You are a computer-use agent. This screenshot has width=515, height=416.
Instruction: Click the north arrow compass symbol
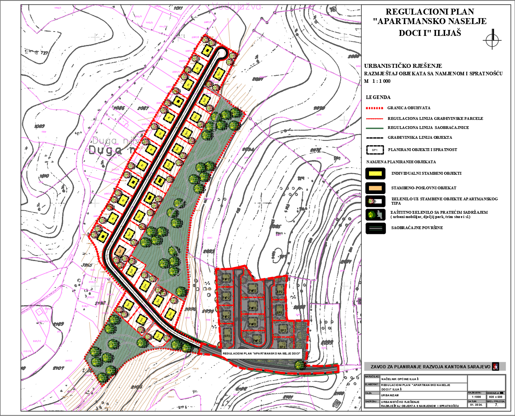pyautogui.click(x=492, y=39)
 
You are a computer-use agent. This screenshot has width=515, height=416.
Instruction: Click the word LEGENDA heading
pyautogui.click(x=378, y=97)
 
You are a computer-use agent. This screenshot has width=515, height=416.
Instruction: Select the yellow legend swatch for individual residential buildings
pyautogui.click(x=375, y=173)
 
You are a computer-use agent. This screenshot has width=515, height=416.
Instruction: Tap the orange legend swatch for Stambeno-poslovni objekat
pyautogui.click(x=375, y=188)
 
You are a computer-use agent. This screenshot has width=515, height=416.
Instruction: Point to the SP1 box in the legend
pyautogui.click(x=375, y=150)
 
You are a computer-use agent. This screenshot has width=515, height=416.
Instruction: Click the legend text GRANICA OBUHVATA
pyautogui.click(x=409, y=108)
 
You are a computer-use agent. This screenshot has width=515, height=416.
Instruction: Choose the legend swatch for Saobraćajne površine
pyautogui.click(x=375, y=228)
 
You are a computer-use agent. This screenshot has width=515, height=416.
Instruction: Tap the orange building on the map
pyautogui.click(x=120, y=250)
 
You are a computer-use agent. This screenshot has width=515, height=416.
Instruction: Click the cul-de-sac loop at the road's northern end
pyautogui.click(x=222, y=53)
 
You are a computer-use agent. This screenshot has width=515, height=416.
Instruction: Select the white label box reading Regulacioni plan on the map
pyautogui.click(x=262, y=353)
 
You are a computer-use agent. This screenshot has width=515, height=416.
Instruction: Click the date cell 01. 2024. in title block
pyautogui.click(x=476, y=405)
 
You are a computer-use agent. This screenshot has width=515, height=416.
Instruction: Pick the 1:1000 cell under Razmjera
pyautogui.click(x=476, y=397)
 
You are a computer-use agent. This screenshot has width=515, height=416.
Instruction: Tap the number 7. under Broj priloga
pyautogui.click(x=496, y=405)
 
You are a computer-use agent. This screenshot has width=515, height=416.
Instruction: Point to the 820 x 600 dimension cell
pyautogui.click(x=496, y=397)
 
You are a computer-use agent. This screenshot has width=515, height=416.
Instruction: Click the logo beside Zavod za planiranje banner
pyautogui.click(x=496, y=366)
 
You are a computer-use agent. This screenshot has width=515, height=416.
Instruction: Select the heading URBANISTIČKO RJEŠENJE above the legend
pyautogui.click(x=403, y=66)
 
